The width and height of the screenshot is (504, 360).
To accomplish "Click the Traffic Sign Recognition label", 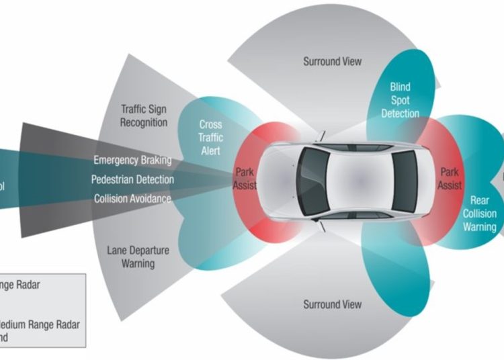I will [x=144, y=115].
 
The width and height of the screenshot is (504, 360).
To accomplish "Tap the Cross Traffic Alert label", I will [x=210, y=137].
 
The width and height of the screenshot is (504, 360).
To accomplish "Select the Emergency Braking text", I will [x=132, y=161].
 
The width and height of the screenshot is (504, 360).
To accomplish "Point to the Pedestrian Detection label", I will [x=132, y=180].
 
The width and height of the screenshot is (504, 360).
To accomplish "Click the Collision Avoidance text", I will [x=132, y=199].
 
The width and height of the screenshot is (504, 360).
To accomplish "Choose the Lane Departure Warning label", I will [x=138, y=257].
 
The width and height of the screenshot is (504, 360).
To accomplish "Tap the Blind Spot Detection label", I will [x=400, y=100].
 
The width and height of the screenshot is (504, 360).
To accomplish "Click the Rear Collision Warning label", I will [x=479, y=214].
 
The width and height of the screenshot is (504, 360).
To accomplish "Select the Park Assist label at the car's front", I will [x=245, y=179].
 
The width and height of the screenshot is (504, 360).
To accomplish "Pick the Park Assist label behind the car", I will [x=450, y=179].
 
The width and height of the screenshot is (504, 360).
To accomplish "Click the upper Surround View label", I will [x=332, y=62].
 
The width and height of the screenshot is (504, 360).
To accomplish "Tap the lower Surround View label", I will [x=332, y=305].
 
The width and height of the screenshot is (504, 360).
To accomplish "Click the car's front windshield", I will [x=313, y=180].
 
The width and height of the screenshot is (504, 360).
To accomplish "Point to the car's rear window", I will [x=405, y=180].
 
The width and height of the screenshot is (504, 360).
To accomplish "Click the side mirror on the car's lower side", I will [x=321, y=222].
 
